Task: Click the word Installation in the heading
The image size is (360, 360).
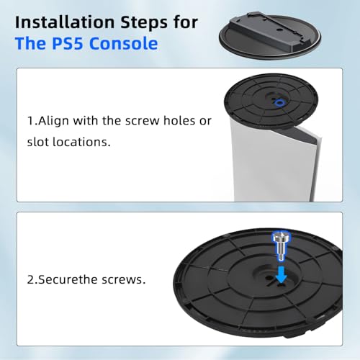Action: coord(65,22)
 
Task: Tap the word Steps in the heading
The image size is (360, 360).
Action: coord(144,23)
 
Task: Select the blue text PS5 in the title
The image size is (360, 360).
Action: coord(68,43)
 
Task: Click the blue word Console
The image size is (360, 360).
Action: coord(124,43)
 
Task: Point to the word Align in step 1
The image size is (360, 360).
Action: coord(53,121)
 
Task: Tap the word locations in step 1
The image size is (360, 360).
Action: coord(81,142)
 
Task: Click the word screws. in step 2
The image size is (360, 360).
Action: coord(123,280)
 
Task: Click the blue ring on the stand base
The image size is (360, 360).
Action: coord(279,103)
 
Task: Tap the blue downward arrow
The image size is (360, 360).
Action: coord(282,274)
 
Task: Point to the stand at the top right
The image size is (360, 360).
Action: coord(270,36)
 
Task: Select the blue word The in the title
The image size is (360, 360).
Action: coord(30,43)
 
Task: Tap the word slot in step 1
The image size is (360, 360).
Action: coord(38,142)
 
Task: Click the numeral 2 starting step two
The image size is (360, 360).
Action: coord(30,280)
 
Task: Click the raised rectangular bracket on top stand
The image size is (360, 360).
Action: coord(269,30)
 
